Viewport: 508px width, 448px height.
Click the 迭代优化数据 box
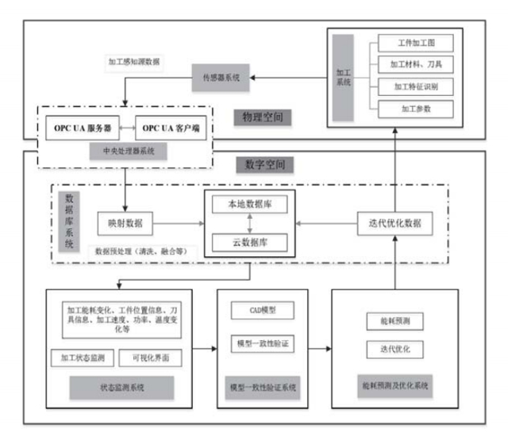394,224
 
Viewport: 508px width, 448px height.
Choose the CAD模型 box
261,308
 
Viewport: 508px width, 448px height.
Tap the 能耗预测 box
394,322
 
